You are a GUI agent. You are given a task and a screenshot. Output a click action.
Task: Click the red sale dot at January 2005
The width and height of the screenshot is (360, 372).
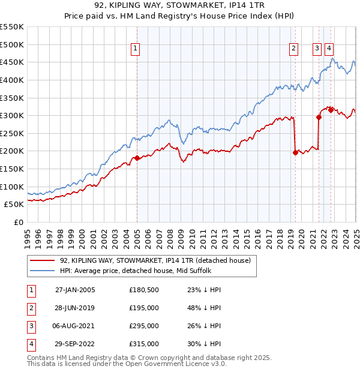[137, 158]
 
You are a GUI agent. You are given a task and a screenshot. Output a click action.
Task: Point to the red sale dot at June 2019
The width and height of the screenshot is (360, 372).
[295, 152]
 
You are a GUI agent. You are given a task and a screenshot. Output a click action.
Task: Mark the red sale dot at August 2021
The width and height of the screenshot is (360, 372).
[319, 117]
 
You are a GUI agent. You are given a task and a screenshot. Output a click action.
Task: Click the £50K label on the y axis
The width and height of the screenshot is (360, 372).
[14, 205]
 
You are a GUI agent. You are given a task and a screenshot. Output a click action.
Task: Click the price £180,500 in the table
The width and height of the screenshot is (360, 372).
[144, 290]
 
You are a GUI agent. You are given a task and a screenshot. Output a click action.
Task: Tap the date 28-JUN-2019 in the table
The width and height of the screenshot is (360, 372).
[75, 308]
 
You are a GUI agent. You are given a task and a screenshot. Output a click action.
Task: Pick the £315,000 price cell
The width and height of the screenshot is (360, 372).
[144, 344]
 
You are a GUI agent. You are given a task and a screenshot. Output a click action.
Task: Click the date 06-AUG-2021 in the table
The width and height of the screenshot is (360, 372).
[75, 326]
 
